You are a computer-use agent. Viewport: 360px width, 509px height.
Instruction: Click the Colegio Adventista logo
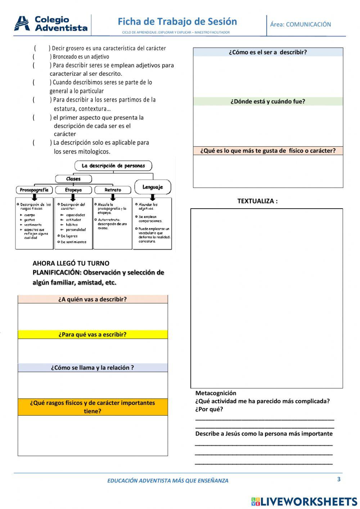click(51, 24)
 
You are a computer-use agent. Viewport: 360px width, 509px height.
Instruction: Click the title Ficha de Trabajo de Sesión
click(177, 22)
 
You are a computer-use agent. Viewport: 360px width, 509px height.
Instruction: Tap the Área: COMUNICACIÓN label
click(300, 24)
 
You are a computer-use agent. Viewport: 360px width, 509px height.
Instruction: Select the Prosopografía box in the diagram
click(34, 190)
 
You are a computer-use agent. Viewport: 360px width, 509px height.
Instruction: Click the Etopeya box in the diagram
click(73, 190)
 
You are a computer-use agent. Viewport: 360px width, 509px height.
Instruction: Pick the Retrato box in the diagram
click(113, 190)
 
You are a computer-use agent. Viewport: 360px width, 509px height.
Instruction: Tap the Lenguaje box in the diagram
click(152, 187)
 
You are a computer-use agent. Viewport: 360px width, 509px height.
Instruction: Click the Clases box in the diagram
click(73, 179)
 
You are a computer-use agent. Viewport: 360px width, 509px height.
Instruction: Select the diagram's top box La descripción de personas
click(113, 166)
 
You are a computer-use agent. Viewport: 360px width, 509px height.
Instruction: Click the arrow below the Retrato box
click(113, 197)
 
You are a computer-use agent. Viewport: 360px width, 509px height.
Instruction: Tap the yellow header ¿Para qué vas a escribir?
click(93, 335)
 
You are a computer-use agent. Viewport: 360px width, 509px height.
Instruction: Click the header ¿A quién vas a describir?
click(93, 299)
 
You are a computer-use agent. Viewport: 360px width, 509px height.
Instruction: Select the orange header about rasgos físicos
click(93, 407)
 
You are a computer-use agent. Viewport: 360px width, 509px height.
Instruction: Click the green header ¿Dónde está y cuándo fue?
click(268, 102)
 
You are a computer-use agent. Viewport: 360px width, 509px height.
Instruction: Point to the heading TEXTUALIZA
click(257, 201)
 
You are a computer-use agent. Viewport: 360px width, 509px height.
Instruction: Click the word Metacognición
click(216, 393)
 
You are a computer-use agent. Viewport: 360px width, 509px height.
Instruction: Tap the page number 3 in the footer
click(339, 479)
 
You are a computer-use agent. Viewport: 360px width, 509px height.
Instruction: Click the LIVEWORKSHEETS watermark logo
click(304, 501)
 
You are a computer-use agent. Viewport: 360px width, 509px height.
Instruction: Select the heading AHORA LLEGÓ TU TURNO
click(71, 263)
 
